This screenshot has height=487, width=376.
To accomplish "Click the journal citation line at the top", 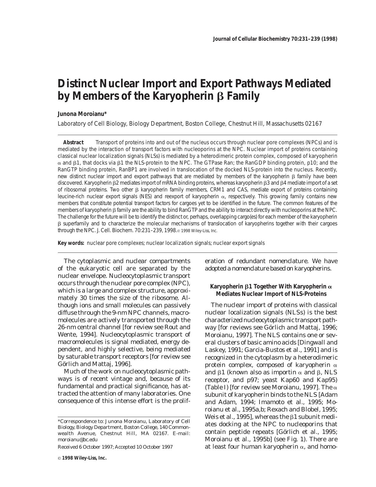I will click(275, 39).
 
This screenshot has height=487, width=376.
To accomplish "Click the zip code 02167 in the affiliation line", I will click(313, 124).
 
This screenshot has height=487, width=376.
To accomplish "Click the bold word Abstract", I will click(73, 142).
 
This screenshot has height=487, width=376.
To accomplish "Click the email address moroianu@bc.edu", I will click(78, 439).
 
